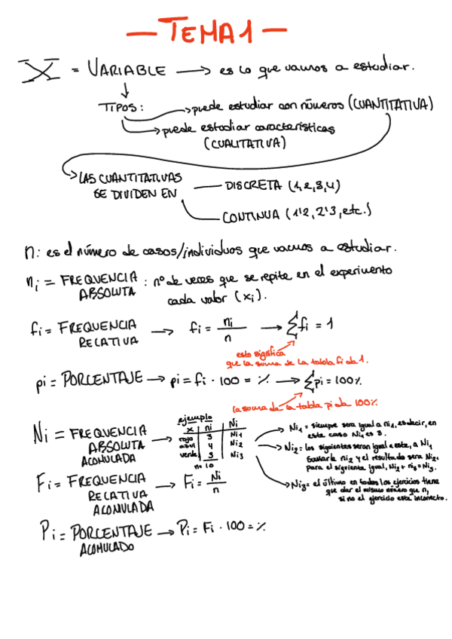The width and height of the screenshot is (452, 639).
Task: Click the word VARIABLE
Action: point(126,71)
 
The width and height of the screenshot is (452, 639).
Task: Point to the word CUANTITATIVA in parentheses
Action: point(392,105)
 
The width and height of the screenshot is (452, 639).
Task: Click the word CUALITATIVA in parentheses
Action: point(244,143)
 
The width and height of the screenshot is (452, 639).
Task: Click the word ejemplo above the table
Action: point(194,418)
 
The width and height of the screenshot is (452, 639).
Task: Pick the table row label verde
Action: point(187,455)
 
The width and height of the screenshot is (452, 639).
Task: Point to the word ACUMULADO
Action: point(106,549)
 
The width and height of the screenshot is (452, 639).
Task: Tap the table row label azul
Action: point(186,445)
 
